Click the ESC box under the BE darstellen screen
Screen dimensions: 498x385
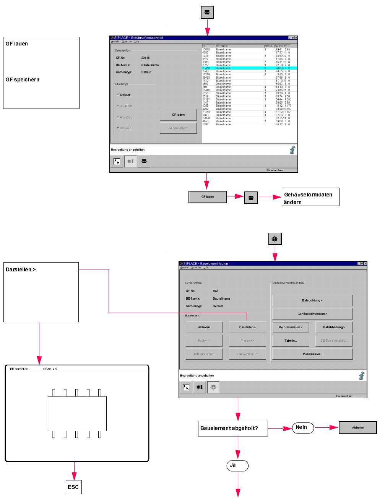(73, 487)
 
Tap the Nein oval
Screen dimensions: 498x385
(303, 428)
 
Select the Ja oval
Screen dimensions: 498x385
(237, 466)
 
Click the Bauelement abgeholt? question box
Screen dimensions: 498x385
(233, 428)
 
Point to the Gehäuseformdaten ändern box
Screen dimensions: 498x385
(310, 197)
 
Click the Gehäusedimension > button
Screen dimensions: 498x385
(312, 314)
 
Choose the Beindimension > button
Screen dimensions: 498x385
(290, 327)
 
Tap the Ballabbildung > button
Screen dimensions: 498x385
(334, 327)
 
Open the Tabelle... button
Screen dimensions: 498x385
(290, 341)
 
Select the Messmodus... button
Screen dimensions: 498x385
(312, 354)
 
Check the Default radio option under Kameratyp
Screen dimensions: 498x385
(118, 95)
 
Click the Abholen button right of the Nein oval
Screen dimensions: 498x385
(358, 428)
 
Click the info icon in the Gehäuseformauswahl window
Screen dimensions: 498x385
(292, 150)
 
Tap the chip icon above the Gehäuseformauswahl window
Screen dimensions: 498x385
(207, 12)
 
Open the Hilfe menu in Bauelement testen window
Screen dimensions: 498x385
(206, 268)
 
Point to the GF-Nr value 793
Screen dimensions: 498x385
(215, 291)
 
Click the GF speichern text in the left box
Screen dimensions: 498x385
(23, 80)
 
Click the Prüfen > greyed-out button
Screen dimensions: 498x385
(204, 341)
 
